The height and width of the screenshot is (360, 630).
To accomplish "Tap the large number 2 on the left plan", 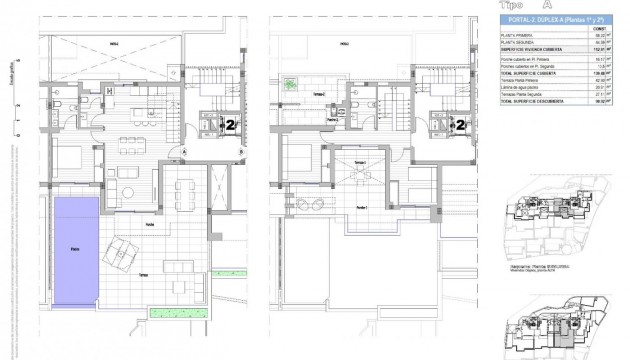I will click(231, 125).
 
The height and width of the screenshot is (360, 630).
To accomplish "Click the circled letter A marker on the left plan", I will click(186, 151).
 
